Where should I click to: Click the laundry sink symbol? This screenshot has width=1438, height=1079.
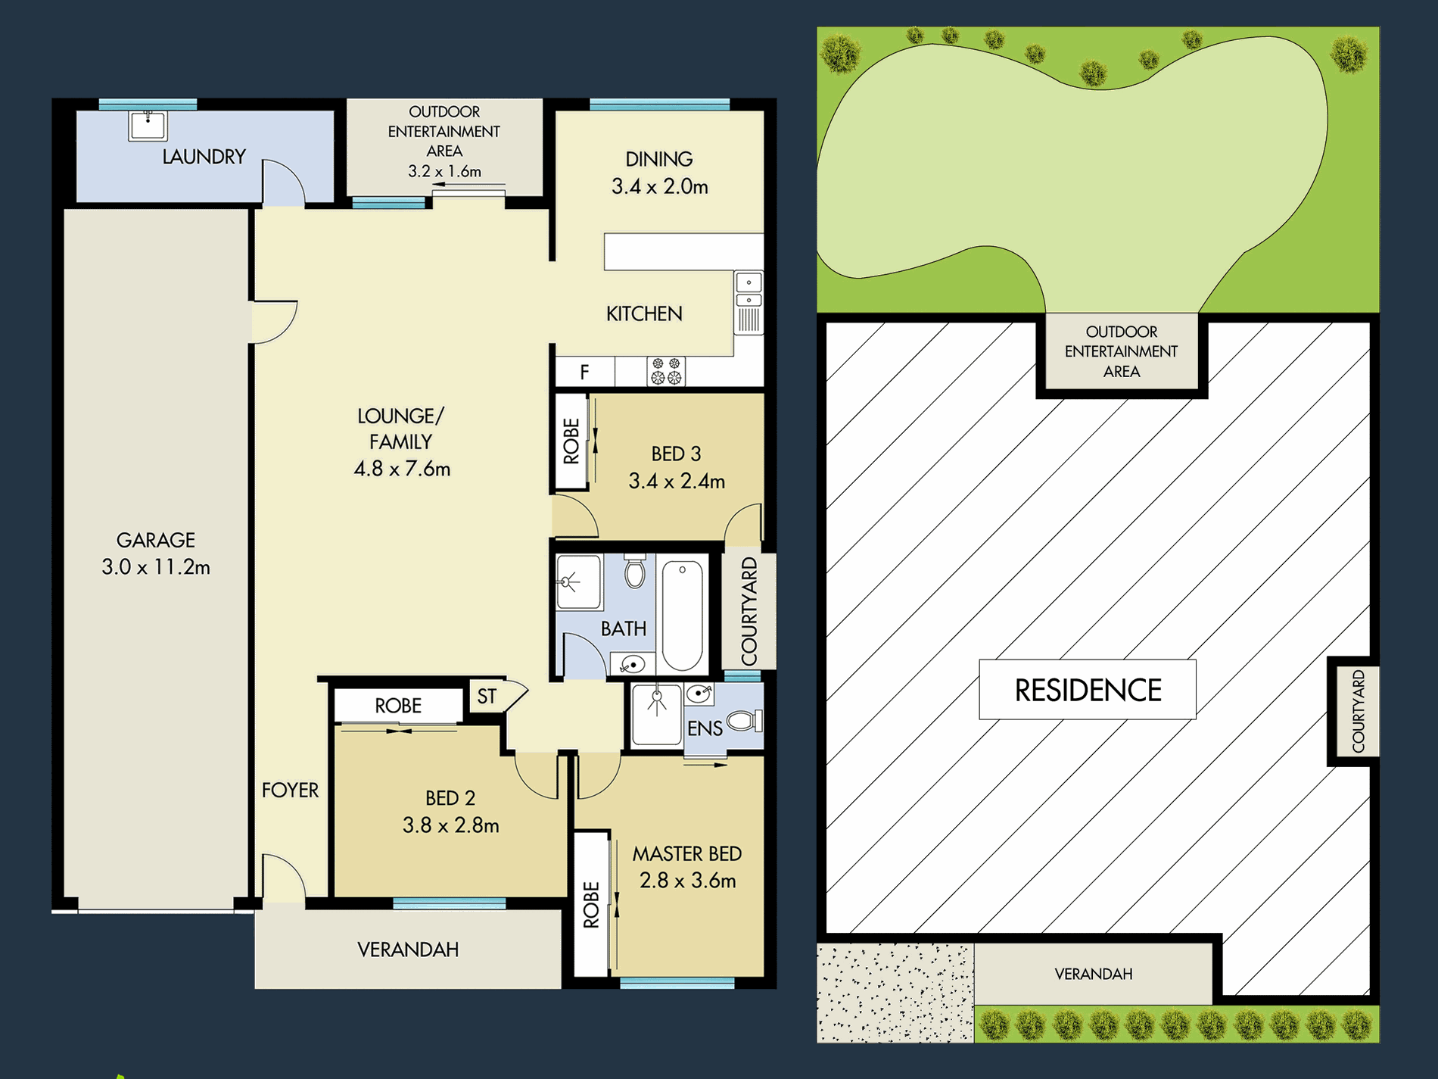(148, 126)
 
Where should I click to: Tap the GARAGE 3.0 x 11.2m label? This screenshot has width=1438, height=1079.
(156, 554)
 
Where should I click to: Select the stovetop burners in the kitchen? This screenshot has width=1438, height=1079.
(666, 371)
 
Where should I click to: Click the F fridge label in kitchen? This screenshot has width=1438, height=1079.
(584, 372)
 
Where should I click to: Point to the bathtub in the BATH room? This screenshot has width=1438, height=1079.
(682, 615)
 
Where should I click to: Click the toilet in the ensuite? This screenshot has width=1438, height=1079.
(745, 721)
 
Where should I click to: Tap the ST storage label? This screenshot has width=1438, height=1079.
(487, 697)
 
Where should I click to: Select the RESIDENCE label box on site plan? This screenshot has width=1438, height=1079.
(1087, 690)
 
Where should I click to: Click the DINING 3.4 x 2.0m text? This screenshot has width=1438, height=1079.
(659, 173)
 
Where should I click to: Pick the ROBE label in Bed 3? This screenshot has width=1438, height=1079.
(571, 441)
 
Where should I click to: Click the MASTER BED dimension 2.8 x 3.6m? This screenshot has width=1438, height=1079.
(687, 881)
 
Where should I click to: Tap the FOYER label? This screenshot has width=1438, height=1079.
(290, 791)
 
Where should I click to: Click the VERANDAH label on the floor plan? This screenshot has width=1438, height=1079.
(408, 950)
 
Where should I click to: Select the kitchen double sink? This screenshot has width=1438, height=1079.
(749, 292)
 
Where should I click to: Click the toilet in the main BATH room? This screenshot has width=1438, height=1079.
(635, 572)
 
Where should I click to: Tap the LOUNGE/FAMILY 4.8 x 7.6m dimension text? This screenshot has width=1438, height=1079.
(402, 469)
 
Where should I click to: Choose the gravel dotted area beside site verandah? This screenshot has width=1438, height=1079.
(895, 993)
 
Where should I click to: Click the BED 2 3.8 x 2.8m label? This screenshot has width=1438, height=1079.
(451, 812)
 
